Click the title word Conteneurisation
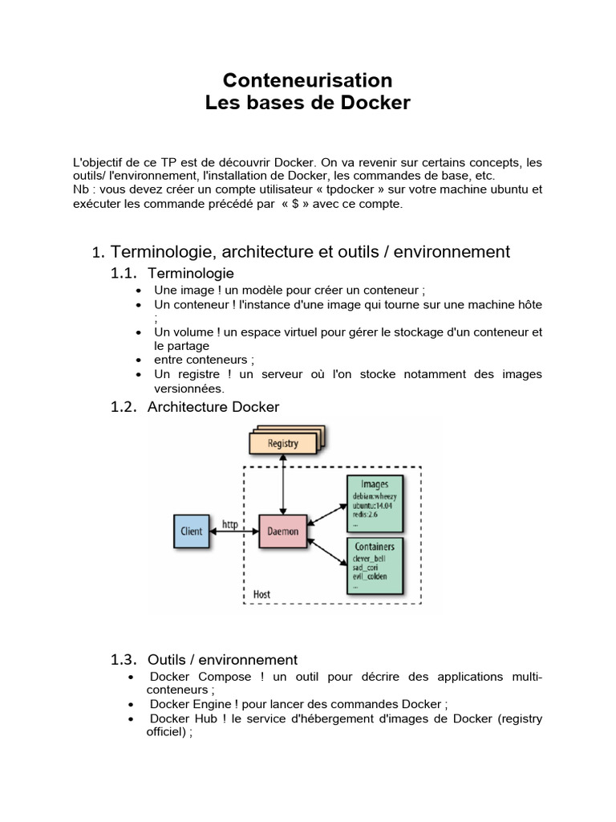click(x=307, y=80)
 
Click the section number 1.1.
click(x=124, y=274)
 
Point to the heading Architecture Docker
click(x=213, y=407)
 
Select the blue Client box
click(x=192, y=531)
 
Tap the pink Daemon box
click(x=282, y=531)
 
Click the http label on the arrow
click(x=231, y=525)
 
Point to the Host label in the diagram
click(x=261, y=595)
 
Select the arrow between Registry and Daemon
click(x=282, y=485)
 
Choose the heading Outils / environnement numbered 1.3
click(x=222, y=660)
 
